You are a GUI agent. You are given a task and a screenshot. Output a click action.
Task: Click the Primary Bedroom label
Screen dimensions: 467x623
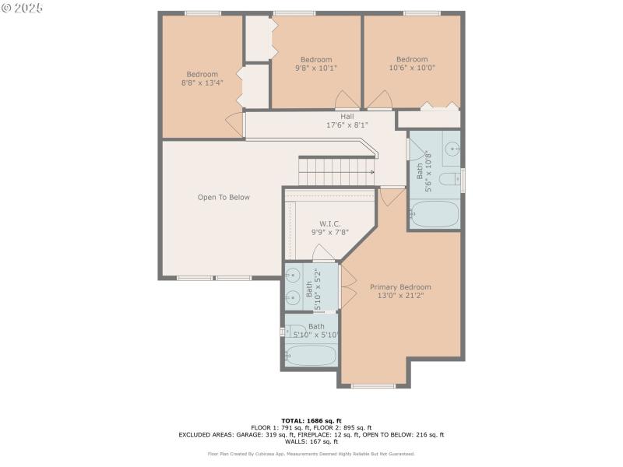point(400,292)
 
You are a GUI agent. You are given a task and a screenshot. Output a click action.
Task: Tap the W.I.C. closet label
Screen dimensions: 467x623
point(329,227)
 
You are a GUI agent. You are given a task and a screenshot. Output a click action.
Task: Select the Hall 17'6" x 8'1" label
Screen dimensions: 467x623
point(347,121)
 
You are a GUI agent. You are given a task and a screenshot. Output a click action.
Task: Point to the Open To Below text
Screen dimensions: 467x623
point(224,198)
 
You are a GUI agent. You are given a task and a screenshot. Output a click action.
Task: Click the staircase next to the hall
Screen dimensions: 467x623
point(336,171)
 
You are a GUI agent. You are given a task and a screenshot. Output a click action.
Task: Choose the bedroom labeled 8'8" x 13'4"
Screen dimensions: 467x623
point(202,78)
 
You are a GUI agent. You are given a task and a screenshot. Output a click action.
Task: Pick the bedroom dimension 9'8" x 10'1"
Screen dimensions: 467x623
point(316,68)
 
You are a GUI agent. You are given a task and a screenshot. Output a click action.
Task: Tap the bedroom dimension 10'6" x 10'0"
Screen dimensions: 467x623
point(412,68)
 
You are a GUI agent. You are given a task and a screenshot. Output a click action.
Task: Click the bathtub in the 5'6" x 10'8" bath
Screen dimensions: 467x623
point(435,214)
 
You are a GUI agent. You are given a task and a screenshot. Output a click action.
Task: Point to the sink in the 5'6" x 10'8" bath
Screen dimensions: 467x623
point(452,148)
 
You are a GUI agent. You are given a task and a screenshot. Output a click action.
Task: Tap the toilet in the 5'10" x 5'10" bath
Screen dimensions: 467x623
point(295,332)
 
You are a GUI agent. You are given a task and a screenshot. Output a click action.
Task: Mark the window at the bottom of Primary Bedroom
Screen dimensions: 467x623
point(373,385)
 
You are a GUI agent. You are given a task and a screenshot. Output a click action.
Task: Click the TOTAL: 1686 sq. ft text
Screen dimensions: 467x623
point(311,420)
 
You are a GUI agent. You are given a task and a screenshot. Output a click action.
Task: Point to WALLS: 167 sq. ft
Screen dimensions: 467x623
point(311,441)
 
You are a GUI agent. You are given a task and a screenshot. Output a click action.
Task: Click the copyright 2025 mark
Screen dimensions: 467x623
point(23,8)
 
